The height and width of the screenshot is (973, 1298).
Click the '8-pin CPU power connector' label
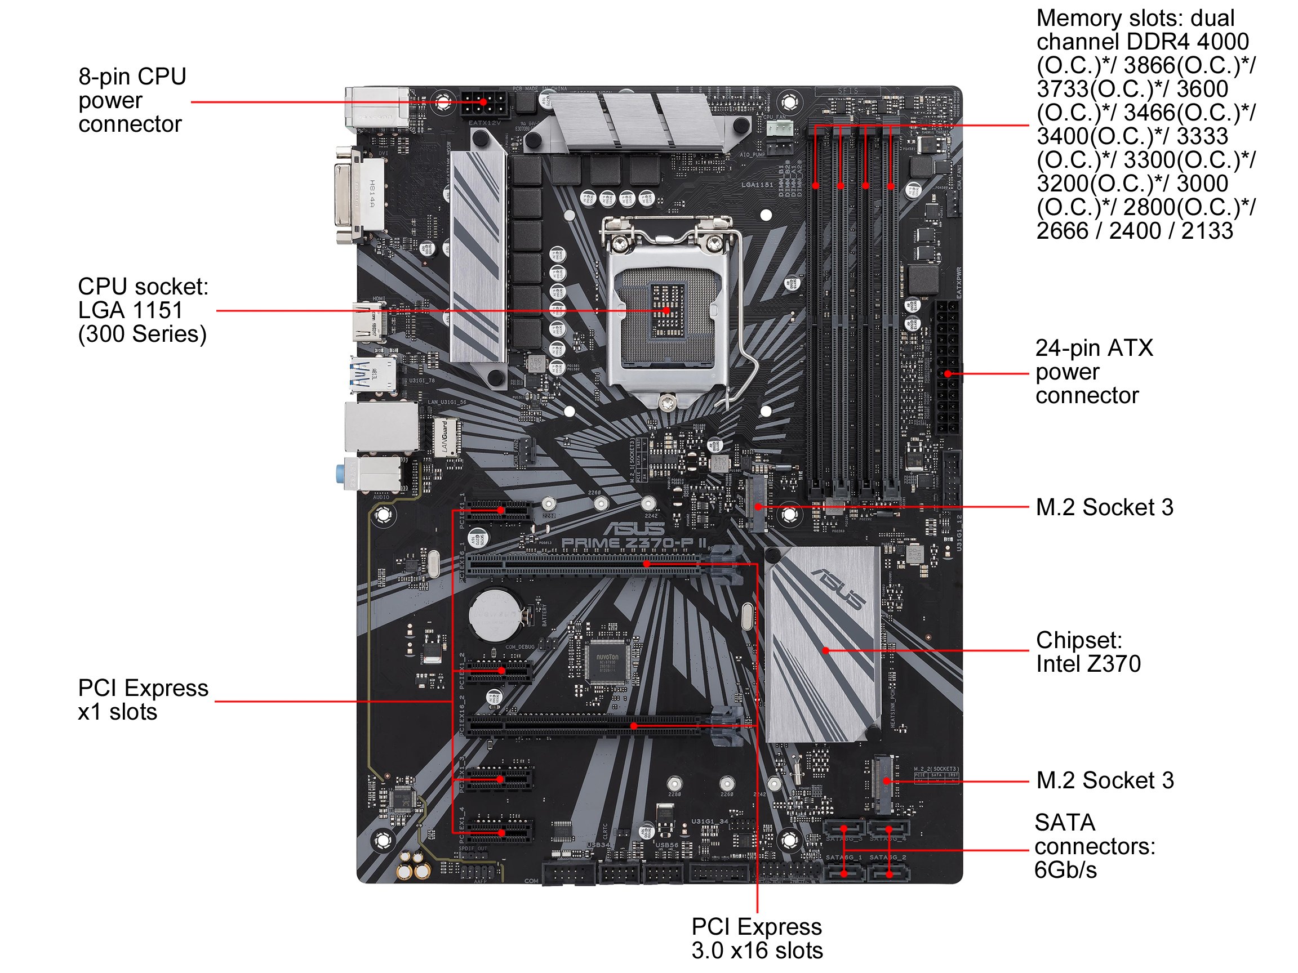tap(132, 100)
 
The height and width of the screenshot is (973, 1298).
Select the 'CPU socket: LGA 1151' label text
tap(143, 310)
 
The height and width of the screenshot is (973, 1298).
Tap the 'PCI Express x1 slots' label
tap(143, 700)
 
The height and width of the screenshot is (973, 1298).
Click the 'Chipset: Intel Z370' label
tap(1088, 651)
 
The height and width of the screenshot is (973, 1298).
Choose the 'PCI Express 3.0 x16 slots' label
tap(757, 938)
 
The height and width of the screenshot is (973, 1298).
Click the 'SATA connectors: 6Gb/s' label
tap(1095, 846)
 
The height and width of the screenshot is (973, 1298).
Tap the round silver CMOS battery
tap(495, 615)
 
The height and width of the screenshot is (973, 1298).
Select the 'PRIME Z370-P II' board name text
tap(634, 543)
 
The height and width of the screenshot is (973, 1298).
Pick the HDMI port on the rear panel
tap(368, 322)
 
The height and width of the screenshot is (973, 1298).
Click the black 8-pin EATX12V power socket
tap(483, 104)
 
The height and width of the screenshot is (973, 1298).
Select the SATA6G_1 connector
tap(844, 874)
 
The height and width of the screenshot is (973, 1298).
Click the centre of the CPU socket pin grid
tap(668, 310)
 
